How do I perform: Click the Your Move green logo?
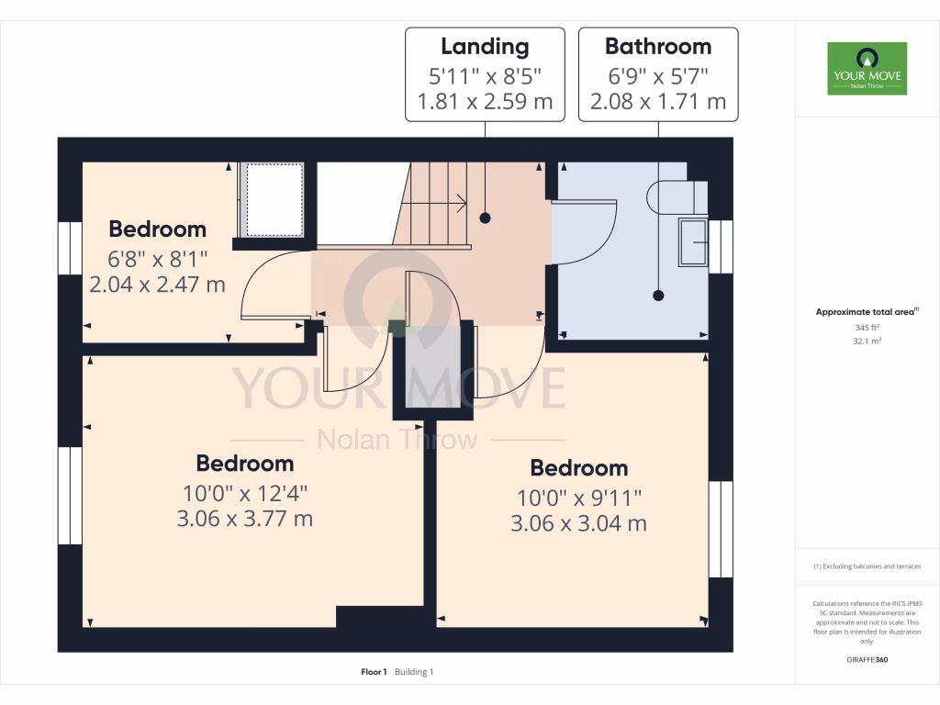click(x=867, y=68)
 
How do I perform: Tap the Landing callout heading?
click(x=485, y=46)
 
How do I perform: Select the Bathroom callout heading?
click(x=657, y=46)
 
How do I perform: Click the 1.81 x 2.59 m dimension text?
click(x=485, y=101)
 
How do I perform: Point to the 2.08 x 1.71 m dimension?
click(x=657, y=101)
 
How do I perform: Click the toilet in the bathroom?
click(x=677, y=196)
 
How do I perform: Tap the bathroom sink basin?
click(x=693, y=242)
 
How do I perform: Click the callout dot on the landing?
click(x=485, y=218)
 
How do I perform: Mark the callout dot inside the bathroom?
click(x=657, y=296)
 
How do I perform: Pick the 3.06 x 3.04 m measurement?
click(x=579, y=523)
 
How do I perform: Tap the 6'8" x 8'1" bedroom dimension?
click(x=157, y=258)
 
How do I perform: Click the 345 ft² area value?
click(x=867, y=327)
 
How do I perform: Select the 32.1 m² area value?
click(x=867, y=341)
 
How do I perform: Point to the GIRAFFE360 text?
click(x=867, y=659)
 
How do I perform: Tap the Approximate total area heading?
click(x=866, y=312)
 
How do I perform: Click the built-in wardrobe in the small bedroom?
click(x=273, y=198)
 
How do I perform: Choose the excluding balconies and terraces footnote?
click(x=867, y=566)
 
